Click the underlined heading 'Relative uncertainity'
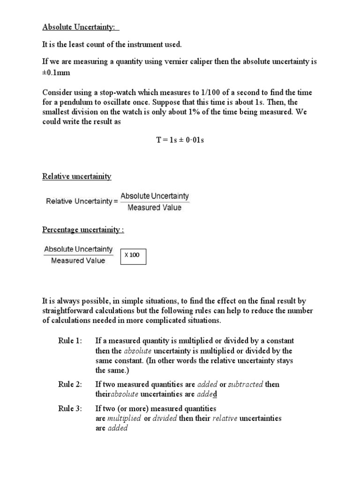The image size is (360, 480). point(77,176)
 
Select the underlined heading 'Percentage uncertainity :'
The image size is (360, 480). point(83,230)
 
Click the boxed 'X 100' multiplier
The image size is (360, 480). point(133,255)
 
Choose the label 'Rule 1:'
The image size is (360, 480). point(70,340)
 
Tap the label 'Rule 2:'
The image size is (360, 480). point(70,384)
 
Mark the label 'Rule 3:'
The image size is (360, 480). point(70,408)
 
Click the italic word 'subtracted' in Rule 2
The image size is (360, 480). point(245,384)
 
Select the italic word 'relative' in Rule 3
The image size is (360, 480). point(224,418)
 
